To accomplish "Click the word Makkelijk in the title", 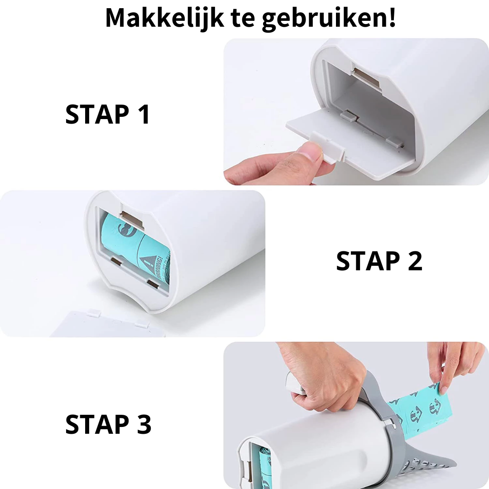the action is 165,18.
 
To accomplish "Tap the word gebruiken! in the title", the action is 329,19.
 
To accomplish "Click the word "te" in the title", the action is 243,19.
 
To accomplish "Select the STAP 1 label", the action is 108,115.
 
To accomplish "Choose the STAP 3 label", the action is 108,424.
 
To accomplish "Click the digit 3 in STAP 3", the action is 144,424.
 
